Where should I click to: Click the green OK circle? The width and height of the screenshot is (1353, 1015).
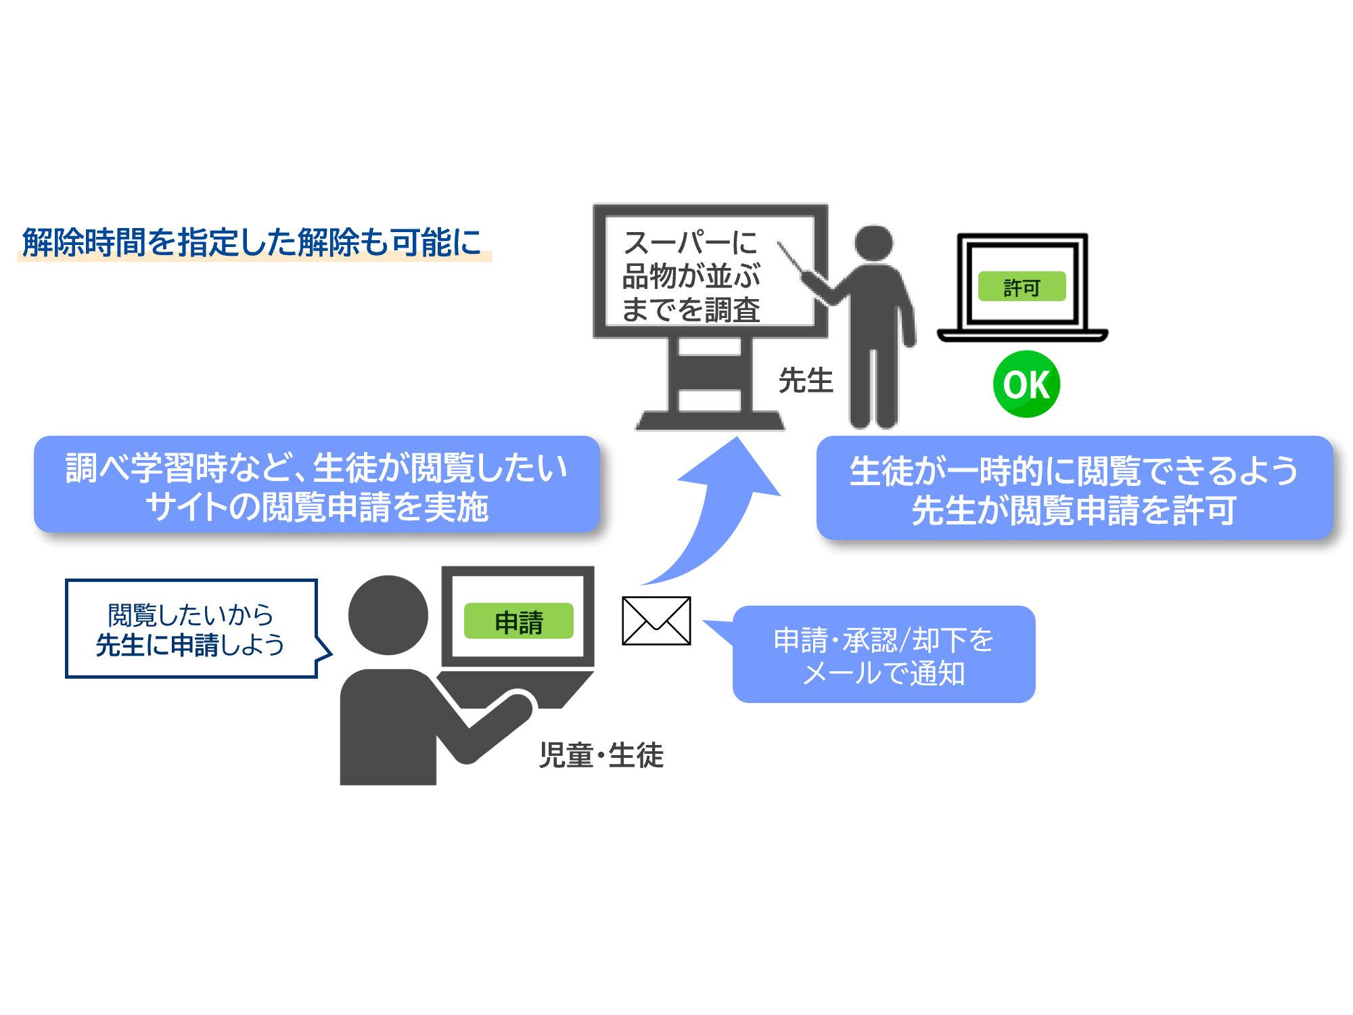click(1026, 384)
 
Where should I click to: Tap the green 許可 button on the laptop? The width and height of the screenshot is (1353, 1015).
click(1022, 287)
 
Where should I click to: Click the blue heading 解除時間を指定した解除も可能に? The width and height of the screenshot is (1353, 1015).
click(252, 242)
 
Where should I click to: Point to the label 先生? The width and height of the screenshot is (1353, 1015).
click(805, 380)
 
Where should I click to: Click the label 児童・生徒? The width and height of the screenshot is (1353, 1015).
click(601, 754)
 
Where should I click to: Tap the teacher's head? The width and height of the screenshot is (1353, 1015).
click(874, 242)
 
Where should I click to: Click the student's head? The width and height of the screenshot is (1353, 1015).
click(388, 615)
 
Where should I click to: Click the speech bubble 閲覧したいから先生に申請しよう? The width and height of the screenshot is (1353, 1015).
click(191, 629)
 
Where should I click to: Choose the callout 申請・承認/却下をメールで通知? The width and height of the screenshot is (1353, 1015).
click(884, 655)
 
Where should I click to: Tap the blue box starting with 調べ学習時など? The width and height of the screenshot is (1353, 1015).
click(317, 485)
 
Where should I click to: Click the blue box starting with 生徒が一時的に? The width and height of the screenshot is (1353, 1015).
click(1074, 489)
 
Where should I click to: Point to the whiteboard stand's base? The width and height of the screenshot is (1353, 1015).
click(710, 421)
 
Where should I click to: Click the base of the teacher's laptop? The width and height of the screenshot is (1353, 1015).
click(1022, 336)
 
